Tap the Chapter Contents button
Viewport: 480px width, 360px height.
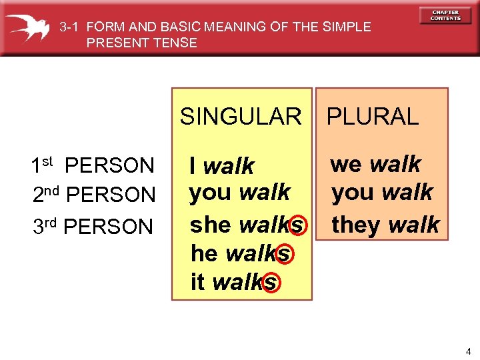click(x=445, y=15)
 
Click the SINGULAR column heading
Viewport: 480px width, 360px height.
click(x=241, y=117)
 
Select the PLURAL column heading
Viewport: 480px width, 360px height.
click(x=372, y=117)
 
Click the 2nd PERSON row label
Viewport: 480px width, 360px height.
click(x=93, y=195)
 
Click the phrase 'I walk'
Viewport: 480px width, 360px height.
click(x=221, y=165)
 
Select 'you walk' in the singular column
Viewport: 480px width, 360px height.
click(x=239, y=193)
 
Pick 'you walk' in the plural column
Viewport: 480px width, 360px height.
click(x=382, y=193)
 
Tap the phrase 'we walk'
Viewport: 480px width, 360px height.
click(x=375, y=164)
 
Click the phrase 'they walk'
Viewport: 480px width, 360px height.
click(x=385, y=225)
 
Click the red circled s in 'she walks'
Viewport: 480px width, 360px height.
click(x=297, y=225)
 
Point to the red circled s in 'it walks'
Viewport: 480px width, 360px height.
click(x=269, y=283)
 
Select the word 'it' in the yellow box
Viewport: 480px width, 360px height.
click(x=197, y=282)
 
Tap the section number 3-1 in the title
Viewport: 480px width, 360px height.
click(x=70, y=27)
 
